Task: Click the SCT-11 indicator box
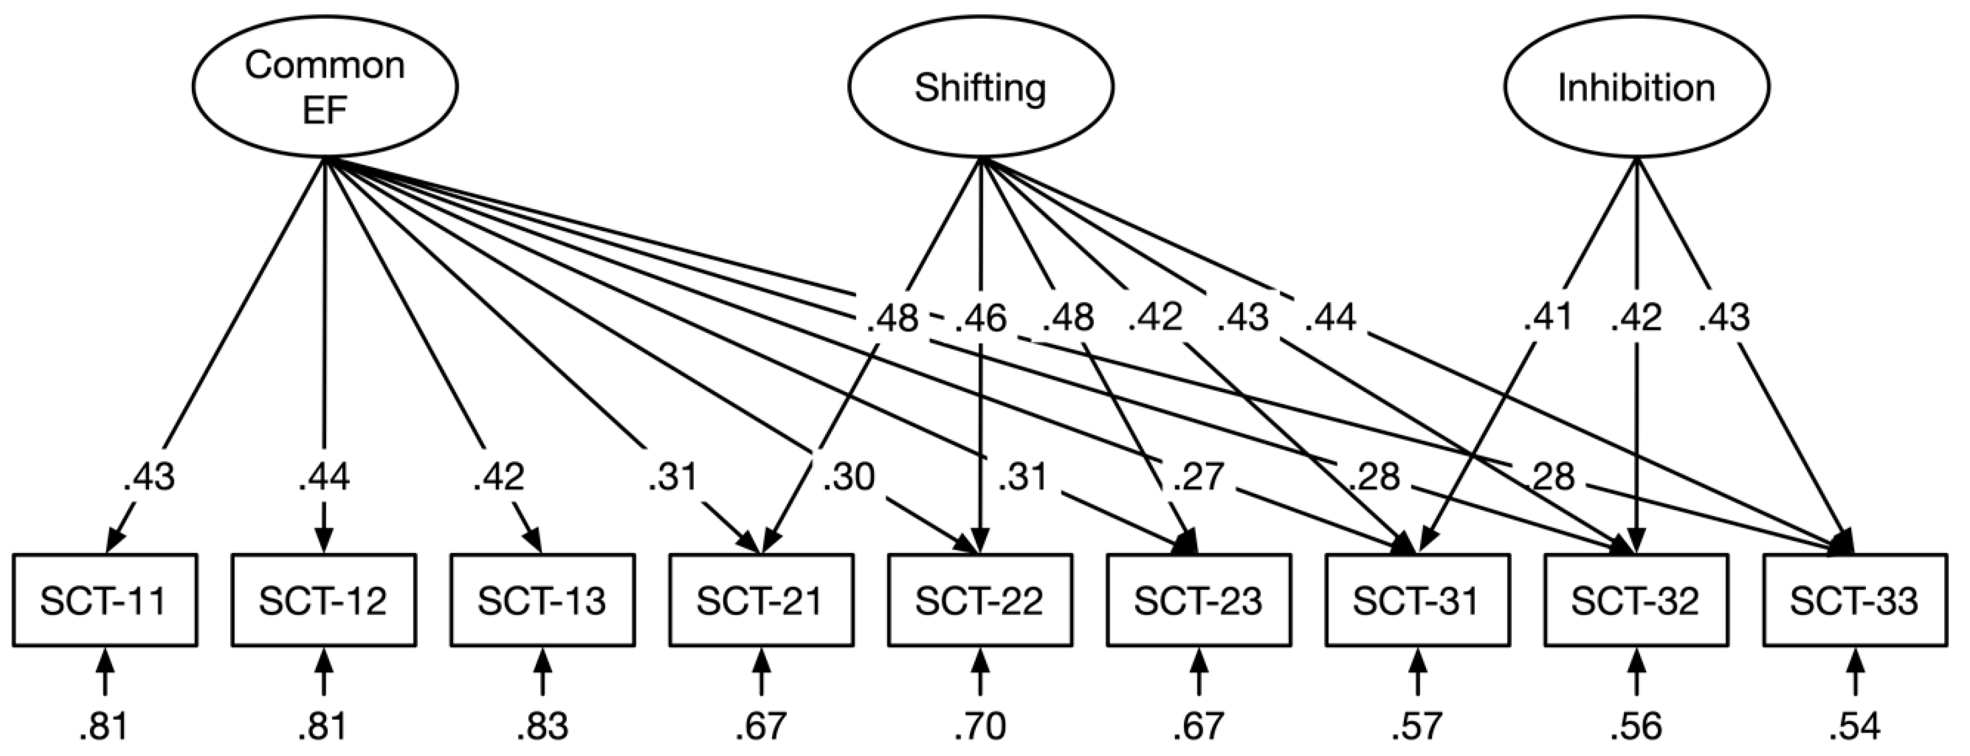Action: click(105, 601)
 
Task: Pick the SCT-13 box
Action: click(542, 601)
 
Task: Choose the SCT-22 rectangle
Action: click(980, 601)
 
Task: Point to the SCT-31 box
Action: click(1417, 601)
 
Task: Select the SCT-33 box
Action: click(1855, 601)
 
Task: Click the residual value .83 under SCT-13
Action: click(542, 727)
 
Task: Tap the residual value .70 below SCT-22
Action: click(980, 727)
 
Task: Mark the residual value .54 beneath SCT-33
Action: click(1855, 727)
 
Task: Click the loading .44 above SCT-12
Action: click(324, 478)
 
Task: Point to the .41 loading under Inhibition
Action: click(1546, 318)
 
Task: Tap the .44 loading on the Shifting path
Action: click(1330, 318)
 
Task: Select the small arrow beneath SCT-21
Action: click(761, 672)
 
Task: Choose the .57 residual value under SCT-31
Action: click(1417, 727)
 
